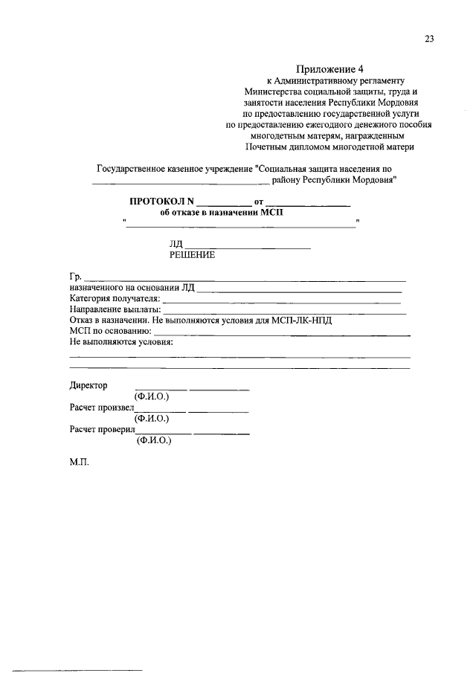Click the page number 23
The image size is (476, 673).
[x=429, y=40]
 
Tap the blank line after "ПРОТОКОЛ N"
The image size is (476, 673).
[x=224, y=203]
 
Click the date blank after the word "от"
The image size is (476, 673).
[x=308, y=203]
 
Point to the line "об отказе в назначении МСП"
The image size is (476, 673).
[x=222, y=212]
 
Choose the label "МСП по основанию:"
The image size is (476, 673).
[x=110, y=331]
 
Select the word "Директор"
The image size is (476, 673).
[x=89, y=385]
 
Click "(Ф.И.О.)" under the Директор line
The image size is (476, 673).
[x=152, y=396]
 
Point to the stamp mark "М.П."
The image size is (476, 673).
[x=79, y=462]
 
